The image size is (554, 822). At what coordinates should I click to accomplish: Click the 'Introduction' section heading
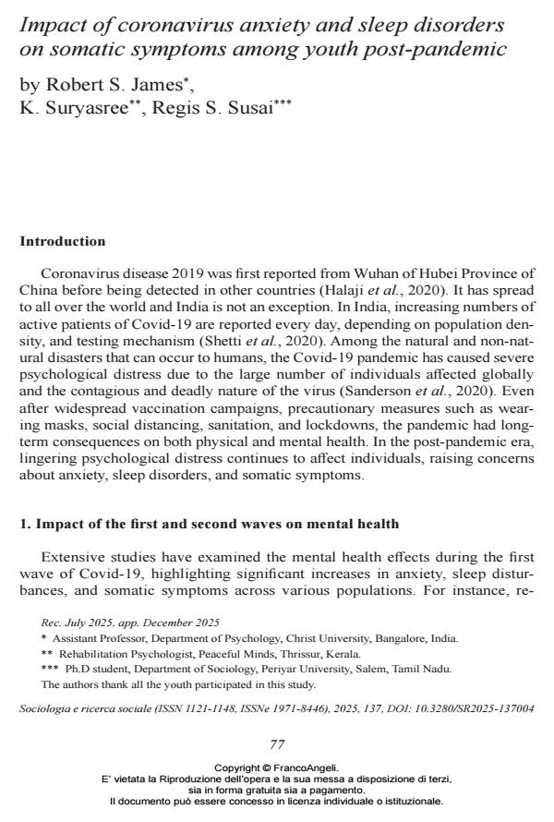pos(63,242)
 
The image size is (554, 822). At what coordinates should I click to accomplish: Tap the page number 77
pos(277,744)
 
